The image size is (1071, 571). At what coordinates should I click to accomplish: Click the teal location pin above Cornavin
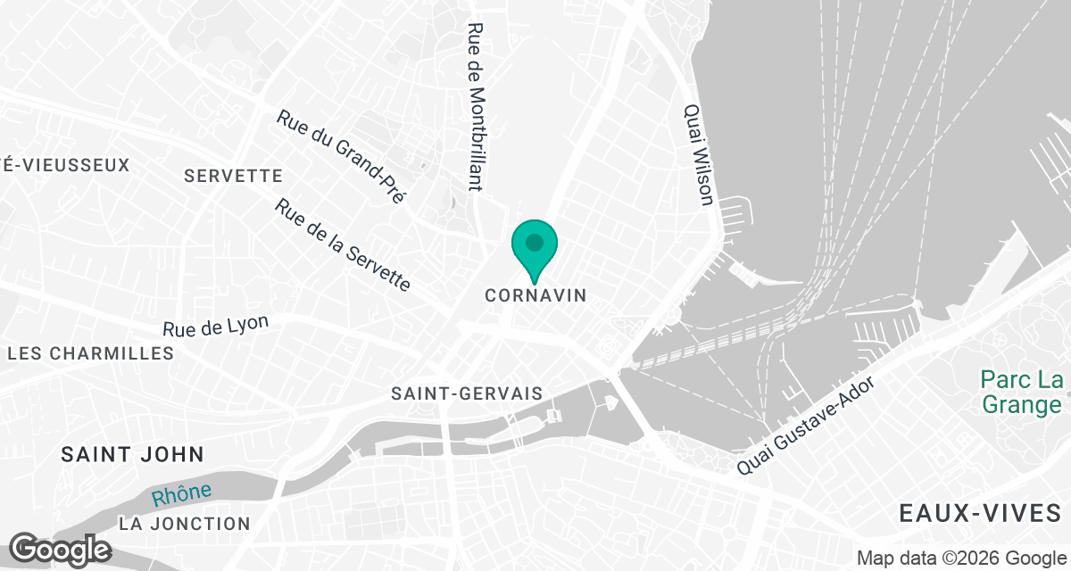[535, 249]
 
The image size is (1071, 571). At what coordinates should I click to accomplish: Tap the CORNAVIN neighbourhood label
[535, 295]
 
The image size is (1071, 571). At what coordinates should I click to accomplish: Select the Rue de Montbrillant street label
[476, 106]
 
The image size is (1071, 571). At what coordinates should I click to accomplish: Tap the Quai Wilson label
[698, 154]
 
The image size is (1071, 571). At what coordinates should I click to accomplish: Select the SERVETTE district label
[233, 176]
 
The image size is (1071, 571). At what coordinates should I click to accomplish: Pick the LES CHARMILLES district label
[90, 353]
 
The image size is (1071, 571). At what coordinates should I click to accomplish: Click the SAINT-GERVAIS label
[467, 393]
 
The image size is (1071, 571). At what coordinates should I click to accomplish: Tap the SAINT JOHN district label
[133, 454]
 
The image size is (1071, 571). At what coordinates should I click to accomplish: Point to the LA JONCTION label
[185, 523]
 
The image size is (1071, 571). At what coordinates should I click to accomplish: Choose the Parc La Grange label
[1021, 393]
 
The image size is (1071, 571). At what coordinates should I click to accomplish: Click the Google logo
[60, 549]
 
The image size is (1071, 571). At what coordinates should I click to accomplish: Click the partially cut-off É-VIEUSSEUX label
[65, 165]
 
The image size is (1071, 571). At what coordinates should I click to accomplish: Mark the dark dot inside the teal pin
[535, 242]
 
